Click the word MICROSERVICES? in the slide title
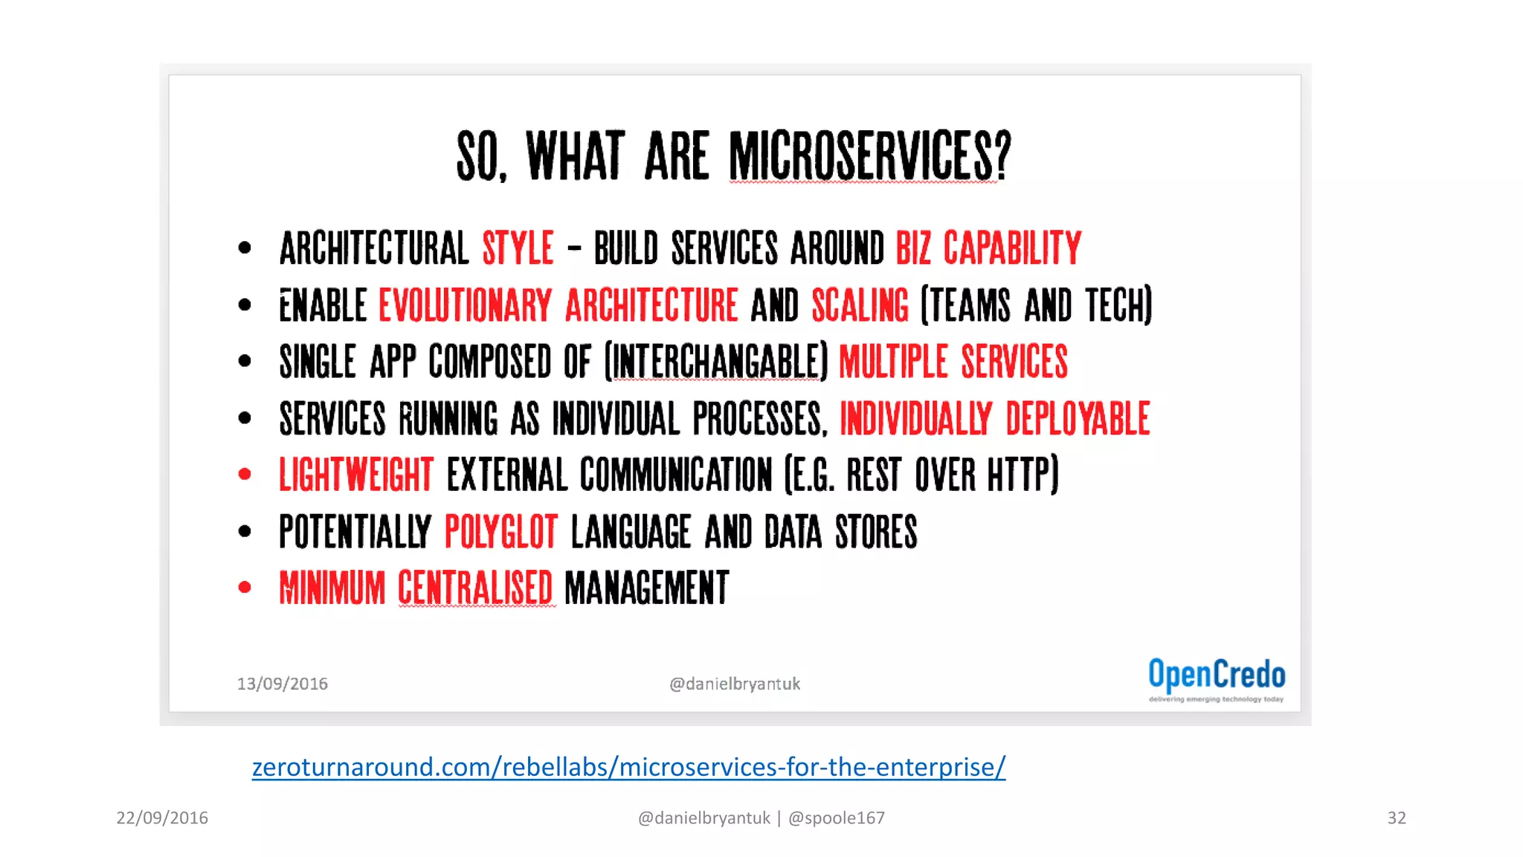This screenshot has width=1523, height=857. point(869,156)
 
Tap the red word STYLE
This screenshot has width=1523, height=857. point(518,248)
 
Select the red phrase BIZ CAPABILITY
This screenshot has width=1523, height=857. point(988,248)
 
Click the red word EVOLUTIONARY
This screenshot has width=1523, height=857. point(466,306)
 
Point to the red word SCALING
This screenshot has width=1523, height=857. point(860,306)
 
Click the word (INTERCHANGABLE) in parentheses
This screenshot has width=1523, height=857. point(716,362)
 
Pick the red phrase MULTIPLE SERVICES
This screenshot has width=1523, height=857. point(953,362)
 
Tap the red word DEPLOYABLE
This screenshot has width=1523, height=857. point(1078,419)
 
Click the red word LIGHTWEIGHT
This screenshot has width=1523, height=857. point(355,475)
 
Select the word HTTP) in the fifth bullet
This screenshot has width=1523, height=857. point(1023,475)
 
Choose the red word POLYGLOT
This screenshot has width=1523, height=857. point(501,532)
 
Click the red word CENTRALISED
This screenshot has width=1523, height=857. point(475,588)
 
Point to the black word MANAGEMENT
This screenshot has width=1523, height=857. point(647,588)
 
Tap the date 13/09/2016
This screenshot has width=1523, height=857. point(283,684)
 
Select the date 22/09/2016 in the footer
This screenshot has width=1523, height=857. point(162,818)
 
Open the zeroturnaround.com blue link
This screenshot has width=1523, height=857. point(628,767)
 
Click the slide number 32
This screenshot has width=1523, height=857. point(1397,818)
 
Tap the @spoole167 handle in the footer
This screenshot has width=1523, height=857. point(837,818)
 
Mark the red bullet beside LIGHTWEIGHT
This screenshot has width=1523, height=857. point(245,475)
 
